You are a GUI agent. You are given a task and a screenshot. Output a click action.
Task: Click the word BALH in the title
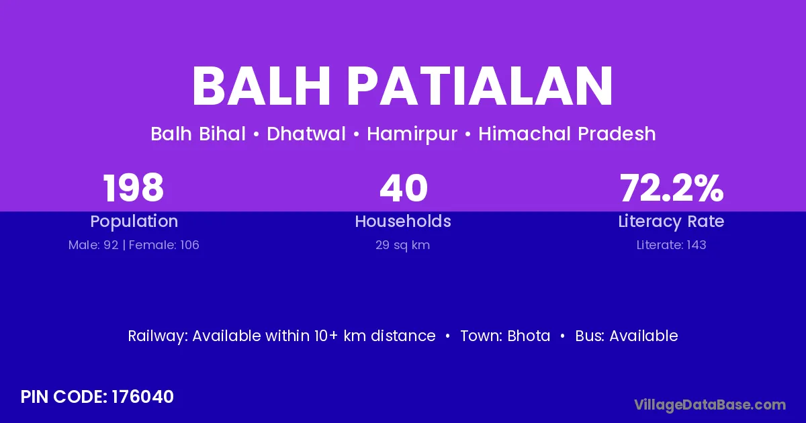(261, 86)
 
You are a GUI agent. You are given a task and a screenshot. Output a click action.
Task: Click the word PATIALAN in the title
(480, 86)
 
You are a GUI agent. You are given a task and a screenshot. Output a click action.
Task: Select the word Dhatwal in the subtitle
(306, 134)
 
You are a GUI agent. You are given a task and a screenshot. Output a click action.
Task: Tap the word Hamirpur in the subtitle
(412, 134)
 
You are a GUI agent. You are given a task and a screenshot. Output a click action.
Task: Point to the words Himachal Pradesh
(567, 134)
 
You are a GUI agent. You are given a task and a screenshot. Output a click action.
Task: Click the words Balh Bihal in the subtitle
(198, 134)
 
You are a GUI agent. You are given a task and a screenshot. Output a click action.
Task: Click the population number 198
(134, 188)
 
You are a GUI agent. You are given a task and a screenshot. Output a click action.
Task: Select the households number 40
(404, 188)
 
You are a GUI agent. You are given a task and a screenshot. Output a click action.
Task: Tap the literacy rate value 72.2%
(672, 188)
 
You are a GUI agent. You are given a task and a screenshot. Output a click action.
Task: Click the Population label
(134, 222)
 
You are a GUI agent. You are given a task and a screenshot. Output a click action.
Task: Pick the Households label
(403, 221)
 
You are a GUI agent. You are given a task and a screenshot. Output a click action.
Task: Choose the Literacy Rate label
(671, 222)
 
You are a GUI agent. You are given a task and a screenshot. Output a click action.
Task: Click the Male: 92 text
(93, 245)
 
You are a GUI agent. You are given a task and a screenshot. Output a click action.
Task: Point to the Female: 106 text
(164, 245)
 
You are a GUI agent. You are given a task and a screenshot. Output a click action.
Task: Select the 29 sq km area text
(402, 245)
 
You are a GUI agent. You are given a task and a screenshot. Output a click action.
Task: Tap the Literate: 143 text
(671, 245)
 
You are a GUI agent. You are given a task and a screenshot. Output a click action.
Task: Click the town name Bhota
(529, 336)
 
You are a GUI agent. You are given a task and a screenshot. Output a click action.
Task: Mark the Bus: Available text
(627, 336)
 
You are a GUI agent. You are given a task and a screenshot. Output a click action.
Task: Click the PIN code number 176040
(143, 397)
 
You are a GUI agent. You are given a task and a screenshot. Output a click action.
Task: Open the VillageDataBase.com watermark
(710, 406)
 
